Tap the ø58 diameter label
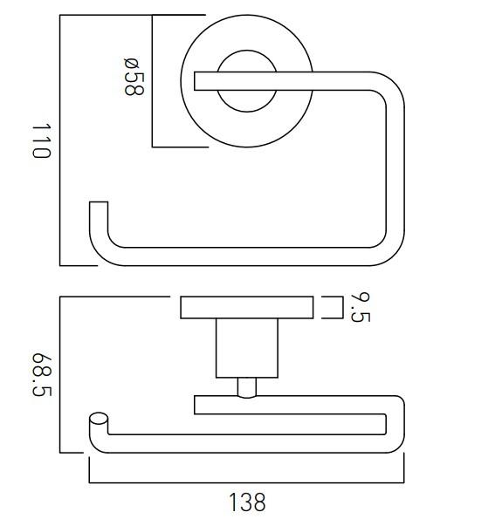[133, 77]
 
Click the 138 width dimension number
[247, 502]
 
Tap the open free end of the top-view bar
[99, 209]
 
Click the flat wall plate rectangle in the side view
[247, 308]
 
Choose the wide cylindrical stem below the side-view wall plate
[247, 348]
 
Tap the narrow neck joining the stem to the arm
[247, 386]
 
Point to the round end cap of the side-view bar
[98, 420]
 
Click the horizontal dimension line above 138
[247, 481]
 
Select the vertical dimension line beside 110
[60, 140]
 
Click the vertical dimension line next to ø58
[153, 81]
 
